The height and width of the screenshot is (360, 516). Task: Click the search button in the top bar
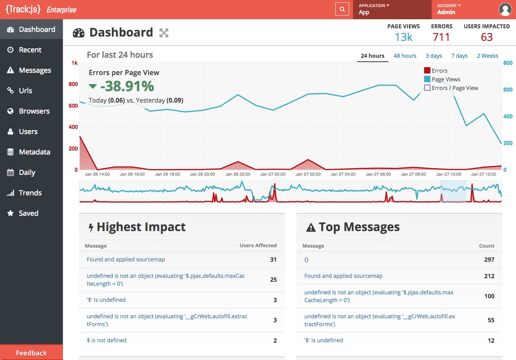(x=342, y=9)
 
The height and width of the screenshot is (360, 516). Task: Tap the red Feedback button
(x=31, y=353)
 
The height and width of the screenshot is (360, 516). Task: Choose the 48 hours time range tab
(x=405, y=56)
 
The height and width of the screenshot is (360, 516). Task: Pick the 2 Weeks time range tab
(x=487, y=56)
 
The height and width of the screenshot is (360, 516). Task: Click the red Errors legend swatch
(x=427, y=70)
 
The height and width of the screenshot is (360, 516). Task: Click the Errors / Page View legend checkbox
(x=427, y=88)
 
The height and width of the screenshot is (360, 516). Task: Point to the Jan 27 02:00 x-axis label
(x=308, y=174)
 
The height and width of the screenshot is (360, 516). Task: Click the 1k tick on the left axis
(x=74, y=63)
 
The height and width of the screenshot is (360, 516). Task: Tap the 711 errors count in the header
(x=441, y=37)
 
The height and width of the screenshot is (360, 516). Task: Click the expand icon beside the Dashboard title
(x=164, y=33)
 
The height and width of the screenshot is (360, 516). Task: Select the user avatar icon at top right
(x=505, y=9)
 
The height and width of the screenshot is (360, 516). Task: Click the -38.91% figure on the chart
(x=127, y=86)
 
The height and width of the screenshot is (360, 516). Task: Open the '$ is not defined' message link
(x=106, y=340)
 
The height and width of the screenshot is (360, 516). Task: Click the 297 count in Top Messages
(x=489, y=259)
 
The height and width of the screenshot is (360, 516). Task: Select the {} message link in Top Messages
(x=306, y=259)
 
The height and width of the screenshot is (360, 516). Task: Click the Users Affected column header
(x=258, y=246)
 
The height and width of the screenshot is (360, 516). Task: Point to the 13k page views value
(x=404, y=37)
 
